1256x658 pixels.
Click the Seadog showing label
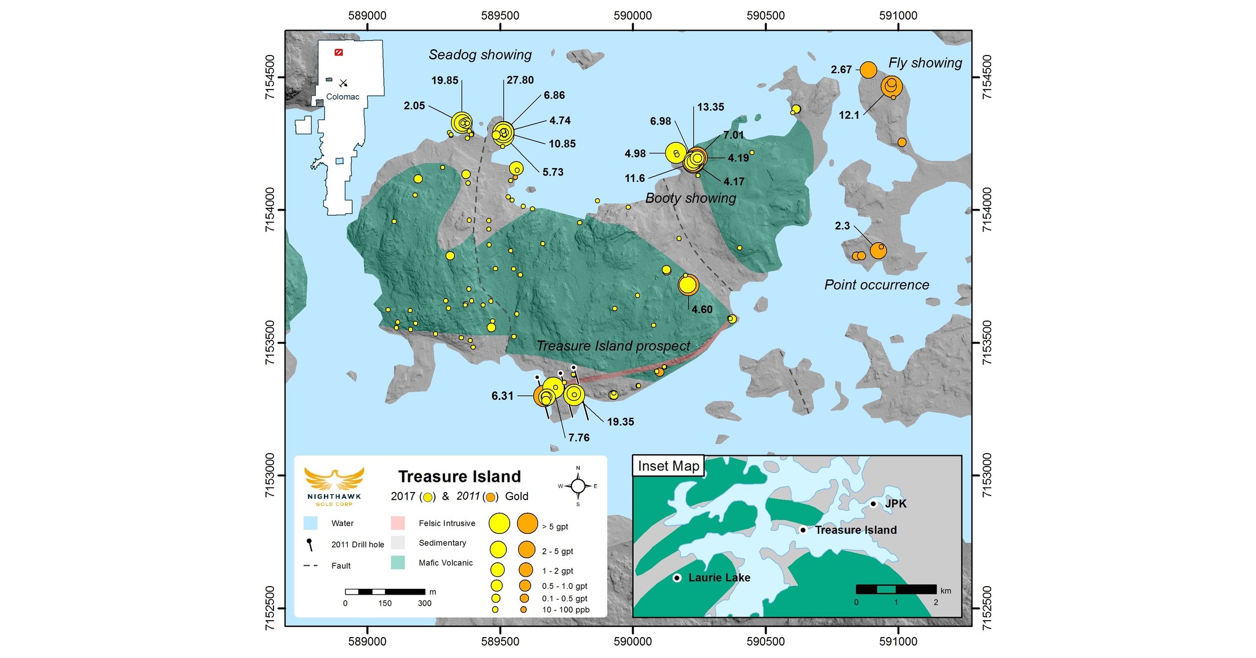click(x=480, y=55)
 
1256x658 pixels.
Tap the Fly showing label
click(x=925, y=63)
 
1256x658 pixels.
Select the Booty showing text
click(x=690, y=198)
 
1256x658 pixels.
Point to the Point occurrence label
click(x=876, y=285)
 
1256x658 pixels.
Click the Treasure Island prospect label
click(x=613, y=346)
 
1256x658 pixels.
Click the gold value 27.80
click(x=520, y=80)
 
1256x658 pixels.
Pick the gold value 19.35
click(x=620, y=422)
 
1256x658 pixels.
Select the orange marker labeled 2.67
click(x=868, y=70)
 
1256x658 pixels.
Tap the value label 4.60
click(x=702, y=310)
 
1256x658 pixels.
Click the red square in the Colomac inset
click(x=339, y=52)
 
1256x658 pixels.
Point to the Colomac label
click(x=343, y=97)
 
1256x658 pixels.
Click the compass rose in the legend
click(x=578, y=486)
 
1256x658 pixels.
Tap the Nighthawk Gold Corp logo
click(x=334, y=486)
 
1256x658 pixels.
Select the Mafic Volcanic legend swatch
click(x=398, y=562)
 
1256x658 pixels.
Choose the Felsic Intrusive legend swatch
click(x=398, y=523)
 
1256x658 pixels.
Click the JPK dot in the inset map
click(x=873, y=503)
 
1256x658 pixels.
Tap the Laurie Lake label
click(x=719, y=578)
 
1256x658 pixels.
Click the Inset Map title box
click(x=668, y=466)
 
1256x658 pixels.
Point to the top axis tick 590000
click(x=633, y=16)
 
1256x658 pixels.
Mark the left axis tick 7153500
click(x=271, y=343)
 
